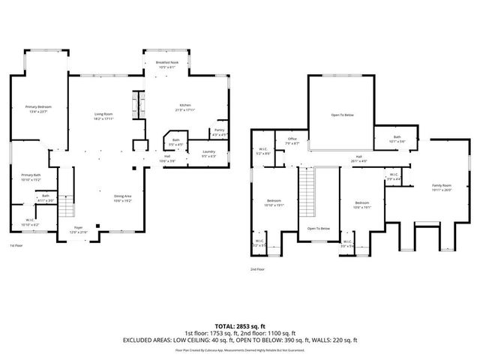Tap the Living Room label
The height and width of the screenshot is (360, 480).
coord(103,116)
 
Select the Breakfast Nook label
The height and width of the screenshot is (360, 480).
coord(166,64)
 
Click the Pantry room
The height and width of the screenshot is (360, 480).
coord(219,133)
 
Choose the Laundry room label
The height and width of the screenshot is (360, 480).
coord(209,154)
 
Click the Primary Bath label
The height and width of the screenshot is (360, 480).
coord(31,177)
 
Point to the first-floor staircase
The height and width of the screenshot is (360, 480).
coord(67,202)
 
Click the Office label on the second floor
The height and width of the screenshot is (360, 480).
coord(292,141)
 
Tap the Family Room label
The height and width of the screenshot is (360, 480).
coord(441,187)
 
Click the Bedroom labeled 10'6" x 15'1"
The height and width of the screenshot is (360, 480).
coord(362,205)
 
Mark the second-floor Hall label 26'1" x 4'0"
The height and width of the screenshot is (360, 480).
coord(360,159)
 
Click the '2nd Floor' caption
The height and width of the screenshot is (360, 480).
coord(259,269)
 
